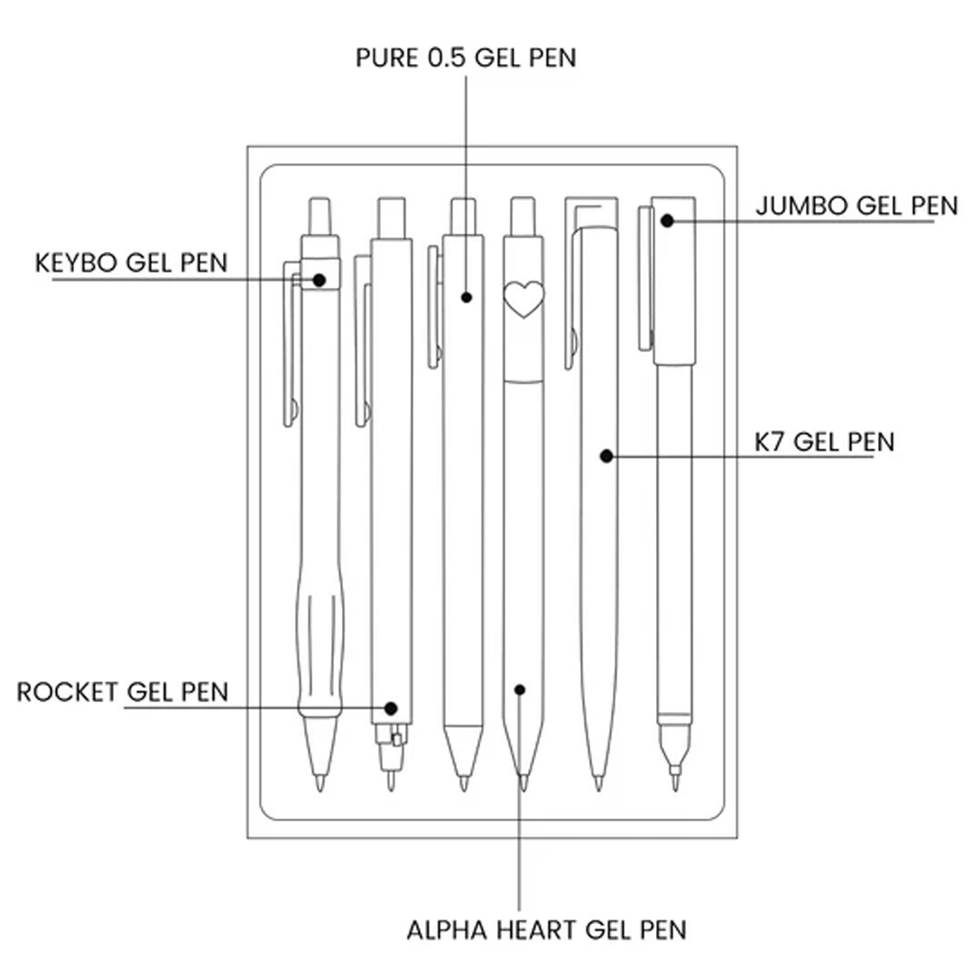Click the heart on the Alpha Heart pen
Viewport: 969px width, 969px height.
click(x=523, y=299)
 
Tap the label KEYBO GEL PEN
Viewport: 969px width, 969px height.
click(x=131, y=263)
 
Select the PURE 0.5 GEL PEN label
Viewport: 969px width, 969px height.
click(x=466, y=57)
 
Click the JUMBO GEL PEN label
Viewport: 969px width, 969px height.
click(x=856, y=206)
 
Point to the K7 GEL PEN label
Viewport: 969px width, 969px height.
click(x=824, y=441)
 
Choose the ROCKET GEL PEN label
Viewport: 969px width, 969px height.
click(x=122, y=692)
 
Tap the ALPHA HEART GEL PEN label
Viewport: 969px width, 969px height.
click(x=546, y=929)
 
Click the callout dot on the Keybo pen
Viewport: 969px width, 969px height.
click(x=319, y=280)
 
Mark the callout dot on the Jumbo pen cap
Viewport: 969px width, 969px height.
click(x=668, y=221)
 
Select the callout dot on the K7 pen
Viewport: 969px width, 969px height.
click(x=607, y=455)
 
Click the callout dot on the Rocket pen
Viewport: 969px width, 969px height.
click(x=391, y=708)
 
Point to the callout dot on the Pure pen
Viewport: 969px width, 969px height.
click(x=467, y=297)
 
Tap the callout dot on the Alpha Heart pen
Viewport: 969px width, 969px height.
click(x=520, y=690)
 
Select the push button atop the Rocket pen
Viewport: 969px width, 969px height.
click(x=391, y=218)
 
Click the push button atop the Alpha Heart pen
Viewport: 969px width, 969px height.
click(x=523, y=215)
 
